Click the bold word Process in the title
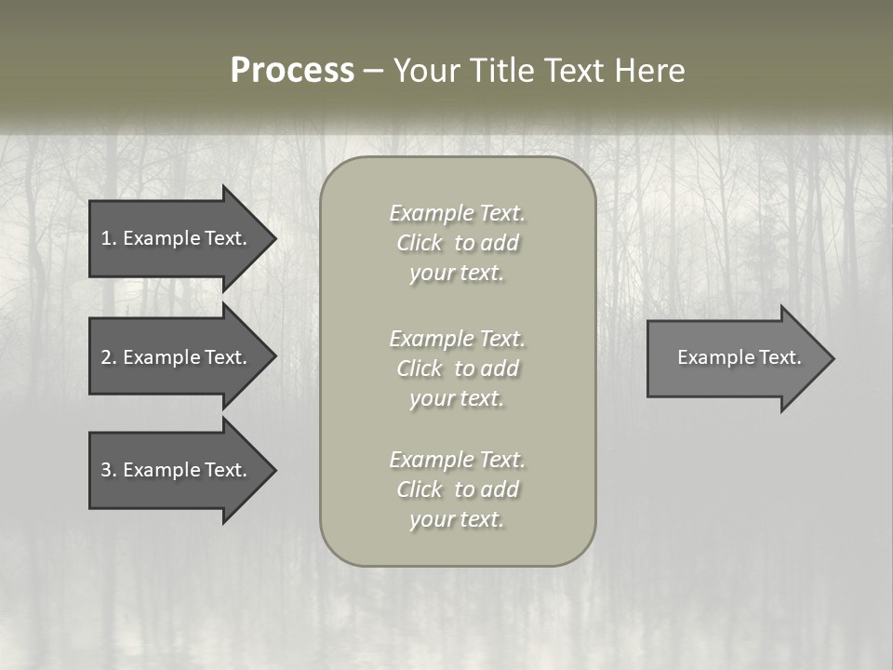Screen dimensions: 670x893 point(292,71)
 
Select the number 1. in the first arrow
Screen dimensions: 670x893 point(109,238)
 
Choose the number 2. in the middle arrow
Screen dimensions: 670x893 point(109,357)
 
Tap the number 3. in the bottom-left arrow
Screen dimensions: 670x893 point(109,470)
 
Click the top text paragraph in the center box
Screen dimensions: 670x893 point(458,243)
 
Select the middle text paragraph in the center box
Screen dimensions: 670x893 point(458,368)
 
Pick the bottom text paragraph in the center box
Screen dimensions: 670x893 point(458,489)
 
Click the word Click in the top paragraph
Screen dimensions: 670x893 point(420,243)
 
